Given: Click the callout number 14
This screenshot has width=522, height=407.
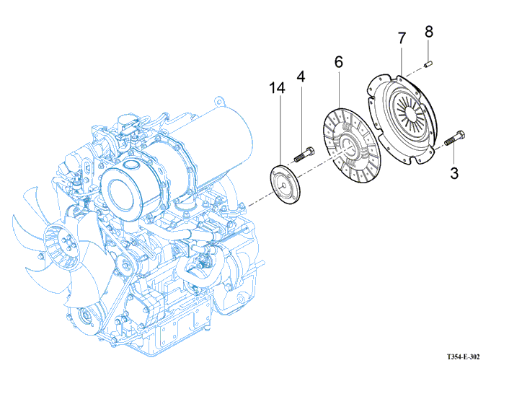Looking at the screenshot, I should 278,88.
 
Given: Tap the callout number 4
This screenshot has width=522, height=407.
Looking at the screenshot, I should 301,76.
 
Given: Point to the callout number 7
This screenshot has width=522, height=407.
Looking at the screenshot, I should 402,38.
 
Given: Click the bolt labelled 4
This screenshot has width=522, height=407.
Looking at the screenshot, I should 304,154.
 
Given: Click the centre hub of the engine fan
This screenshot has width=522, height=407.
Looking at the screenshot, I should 61,242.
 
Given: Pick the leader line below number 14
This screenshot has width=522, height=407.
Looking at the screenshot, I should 278,131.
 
